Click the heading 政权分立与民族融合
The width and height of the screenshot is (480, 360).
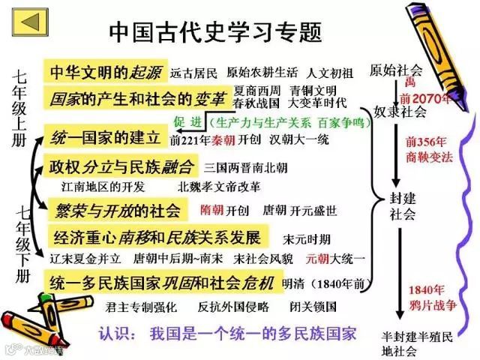(x=121, y=165)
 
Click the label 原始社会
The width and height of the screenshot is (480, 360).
(x=396, y=70)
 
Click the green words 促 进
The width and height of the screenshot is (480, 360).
(x=187, y=121)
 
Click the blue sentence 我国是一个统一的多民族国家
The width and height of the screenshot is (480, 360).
(x=252, y=333)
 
